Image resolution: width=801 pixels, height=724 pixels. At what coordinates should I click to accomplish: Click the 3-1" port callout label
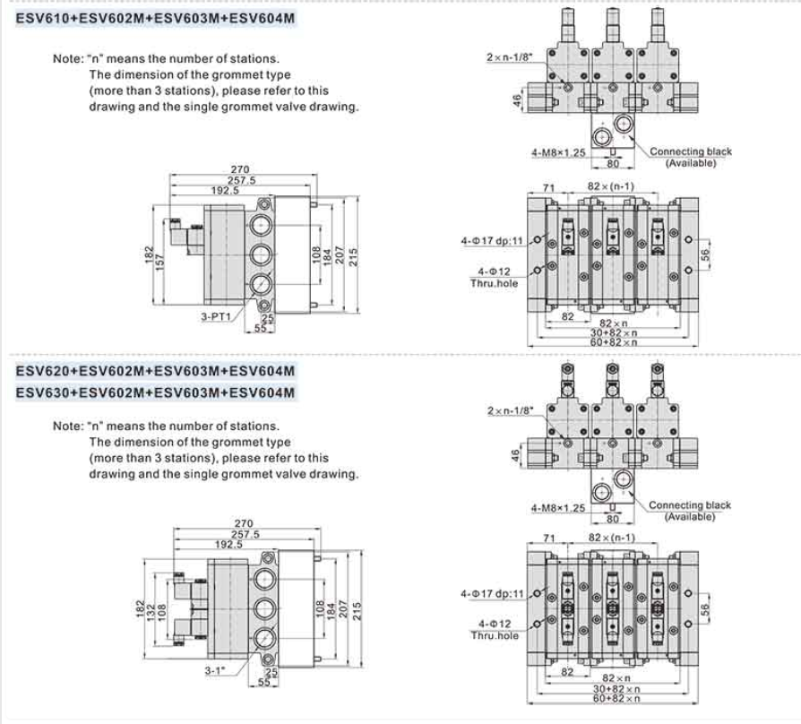213,669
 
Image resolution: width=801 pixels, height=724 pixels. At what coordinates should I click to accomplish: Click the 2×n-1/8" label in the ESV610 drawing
508,57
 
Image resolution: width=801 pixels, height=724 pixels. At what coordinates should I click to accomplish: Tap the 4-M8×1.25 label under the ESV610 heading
558,152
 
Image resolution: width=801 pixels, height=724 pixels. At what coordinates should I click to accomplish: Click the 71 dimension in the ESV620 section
550,539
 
